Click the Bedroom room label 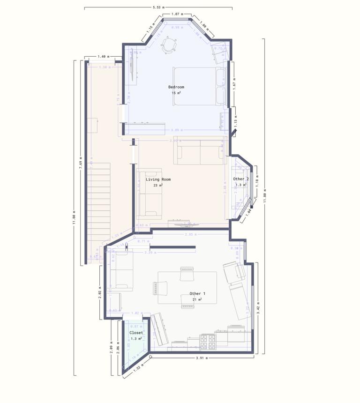(176, 87)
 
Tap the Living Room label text (158, 179)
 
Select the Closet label (136, 333)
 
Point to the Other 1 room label (197, 294)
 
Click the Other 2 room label (241, 179)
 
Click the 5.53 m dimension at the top (158, 7)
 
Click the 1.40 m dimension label (102, 57)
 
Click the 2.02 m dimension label (100, 295)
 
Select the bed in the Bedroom (199, 86)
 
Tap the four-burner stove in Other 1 (208, 343)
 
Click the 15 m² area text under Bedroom (176, 93)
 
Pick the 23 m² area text (158, 185)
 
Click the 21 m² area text (197, 299)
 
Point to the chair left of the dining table (156, 288)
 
